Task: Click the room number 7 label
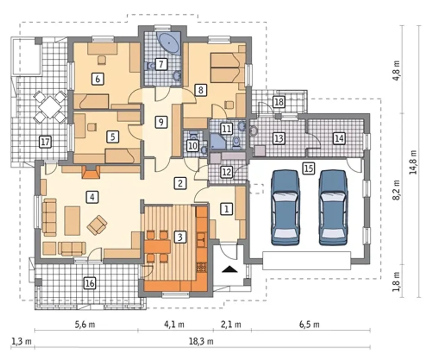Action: (x=161, y=64)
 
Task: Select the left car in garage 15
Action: (x=286, y=208)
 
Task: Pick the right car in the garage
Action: (x=333, y=208)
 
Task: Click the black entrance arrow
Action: (x=230, y=269)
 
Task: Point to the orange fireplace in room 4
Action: (x=91, y=172)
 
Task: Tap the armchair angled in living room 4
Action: (x=97, y=225)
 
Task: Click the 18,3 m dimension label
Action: (x=201, y=341)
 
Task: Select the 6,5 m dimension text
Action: (x=309, y=325)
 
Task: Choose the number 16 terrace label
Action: (x=90, y=283)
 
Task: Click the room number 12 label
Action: (x=226, y=172)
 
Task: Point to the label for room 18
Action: (x=279, y=102)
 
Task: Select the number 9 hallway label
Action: (x=161, y=122)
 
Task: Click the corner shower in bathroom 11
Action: (x=217, y=141)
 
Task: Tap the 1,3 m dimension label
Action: (x=22, y=341)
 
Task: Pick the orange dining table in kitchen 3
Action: (x=158, y=246)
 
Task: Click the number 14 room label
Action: (x=339, y=138)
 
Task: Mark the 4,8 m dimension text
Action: (x=396, y=70)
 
